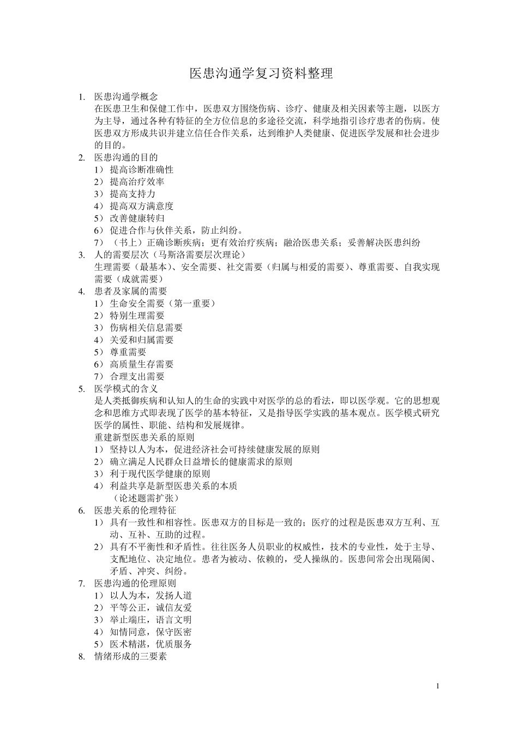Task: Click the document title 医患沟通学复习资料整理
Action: (x=261, y=74)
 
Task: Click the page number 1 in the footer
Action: (x=437, y=686)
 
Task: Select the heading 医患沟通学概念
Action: (x=126, y=96)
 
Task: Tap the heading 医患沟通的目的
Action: (x=126, y=157)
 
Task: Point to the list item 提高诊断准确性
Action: (x=141, y=169)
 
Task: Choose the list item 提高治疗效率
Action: (x=137, y=181)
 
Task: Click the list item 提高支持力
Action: (x=132, y=193)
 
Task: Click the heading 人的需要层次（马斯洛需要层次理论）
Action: (x=170, y=254)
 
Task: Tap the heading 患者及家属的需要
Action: (x=130, y=291)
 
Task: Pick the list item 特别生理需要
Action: (x=137, y=315)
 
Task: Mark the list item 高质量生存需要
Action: (x=141, y=364)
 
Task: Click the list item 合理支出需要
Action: (x=137, y=376)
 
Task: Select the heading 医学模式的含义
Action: (x=126, y=388)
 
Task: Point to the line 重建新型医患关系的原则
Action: (x=144, y=437)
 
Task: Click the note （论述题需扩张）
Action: (x=146, y=498)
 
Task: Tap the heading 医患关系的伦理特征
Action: (x=135, y=510)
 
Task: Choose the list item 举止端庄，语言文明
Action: (x=150, y=620)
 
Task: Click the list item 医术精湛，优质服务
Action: (x=150, y=644)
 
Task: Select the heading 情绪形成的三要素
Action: (x=130, y=656)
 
